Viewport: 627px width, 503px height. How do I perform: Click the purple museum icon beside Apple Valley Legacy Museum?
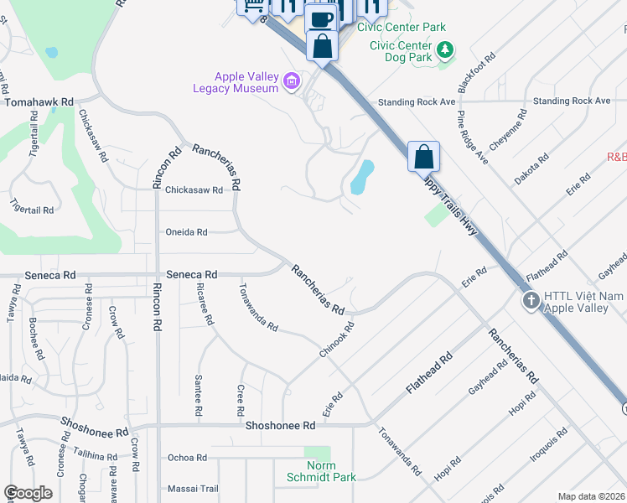click(x=291, y=81)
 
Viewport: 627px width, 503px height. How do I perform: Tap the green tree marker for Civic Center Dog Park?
click(x=447, y=49)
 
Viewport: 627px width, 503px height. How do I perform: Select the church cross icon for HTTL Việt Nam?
click(x=530, y=301)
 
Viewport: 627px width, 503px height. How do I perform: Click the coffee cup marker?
click(x=322, y=19)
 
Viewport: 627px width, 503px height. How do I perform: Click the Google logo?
click(x=28, y=493)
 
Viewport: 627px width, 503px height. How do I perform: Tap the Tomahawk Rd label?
click(x=39, y=101)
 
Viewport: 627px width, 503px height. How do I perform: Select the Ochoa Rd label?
click(x=187, y=458)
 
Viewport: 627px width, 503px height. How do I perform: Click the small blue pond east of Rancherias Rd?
click(x=361, y=177)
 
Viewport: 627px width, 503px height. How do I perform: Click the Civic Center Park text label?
click(x=402, y=27)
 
